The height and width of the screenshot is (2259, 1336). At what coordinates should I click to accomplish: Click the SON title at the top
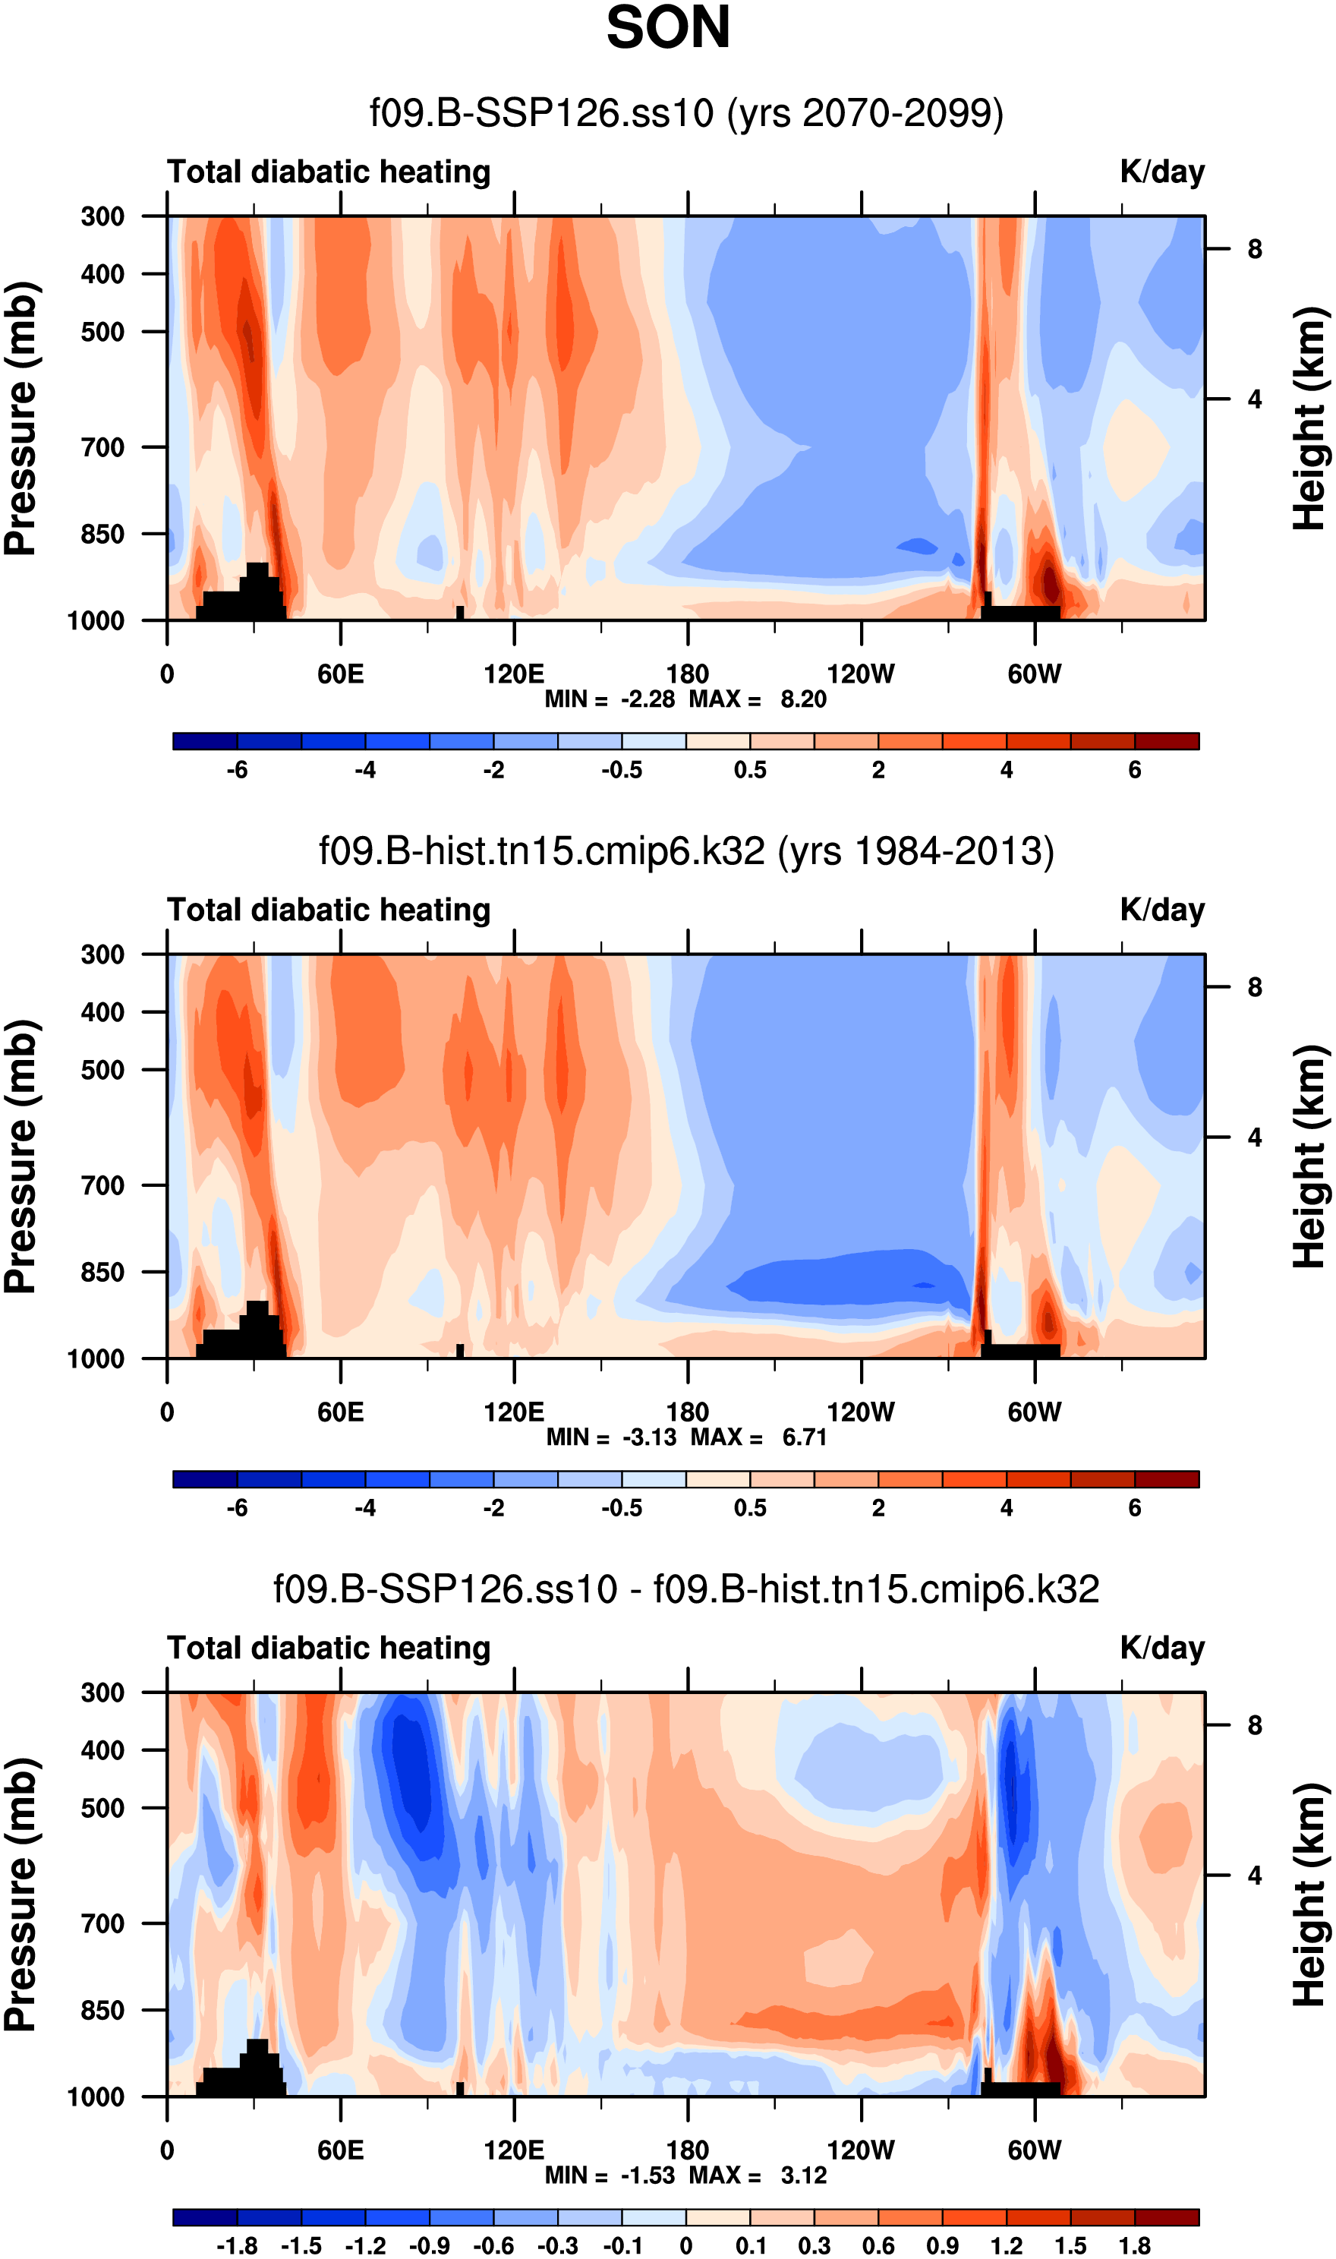tap(667, 29)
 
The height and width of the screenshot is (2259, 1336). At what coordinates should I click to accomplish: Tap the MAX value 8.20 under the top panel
tap(803, 699)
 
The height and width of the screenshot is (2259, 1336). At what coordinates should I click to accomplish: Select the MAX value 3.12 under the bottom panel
tap(803, 2175)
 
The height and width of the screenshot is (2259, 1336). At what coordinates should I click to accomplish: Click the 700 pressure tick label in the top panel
tap(102, 447)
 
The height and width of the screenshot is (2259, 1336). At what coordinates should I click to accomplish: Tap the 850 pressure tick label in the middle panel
tap(102, 1272)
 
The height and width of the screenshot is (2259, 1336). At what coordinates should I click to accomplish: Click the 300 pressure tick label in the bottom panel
tap(102, 1693)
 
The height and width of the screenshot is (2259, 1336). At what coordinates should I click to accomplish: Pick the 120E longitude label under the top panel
tap(513, 674)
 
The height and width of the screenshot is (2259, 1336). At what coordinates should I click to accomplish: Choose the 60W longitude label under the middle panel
tap(1035, 1412)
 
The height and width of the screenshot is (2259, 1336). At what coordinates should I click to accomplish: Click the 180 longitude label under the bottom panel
tap(687, 2150)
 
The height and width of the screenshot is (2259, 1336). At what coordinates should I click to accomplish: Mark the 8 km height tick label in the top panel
tap(1254, 249)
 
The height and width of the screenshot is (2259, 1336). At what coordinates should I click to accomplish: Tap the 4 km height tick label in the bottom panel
tap(1254, 1876)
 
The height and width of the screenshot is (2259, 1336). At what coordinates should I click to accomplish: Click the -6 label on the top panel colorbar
tap(237, 771)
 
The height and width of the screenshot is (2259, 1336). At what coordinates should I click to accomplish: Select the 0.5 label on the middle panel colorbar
tap(750, 1508)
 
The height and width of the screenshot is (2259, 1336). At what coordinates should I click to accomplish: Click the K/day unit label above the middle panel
tap(1161, 910)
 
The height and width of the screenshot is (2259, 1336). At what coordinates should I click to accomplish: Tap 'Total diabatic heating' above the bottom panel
tap(329, 1649)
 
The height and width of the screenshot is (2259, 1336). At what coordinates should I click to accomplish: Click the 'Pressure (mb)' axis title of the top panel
tap(21, 418)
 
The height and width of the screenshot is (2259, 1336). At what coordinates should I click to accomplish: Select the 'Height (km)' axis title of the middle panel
tap(1311, 1157)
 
